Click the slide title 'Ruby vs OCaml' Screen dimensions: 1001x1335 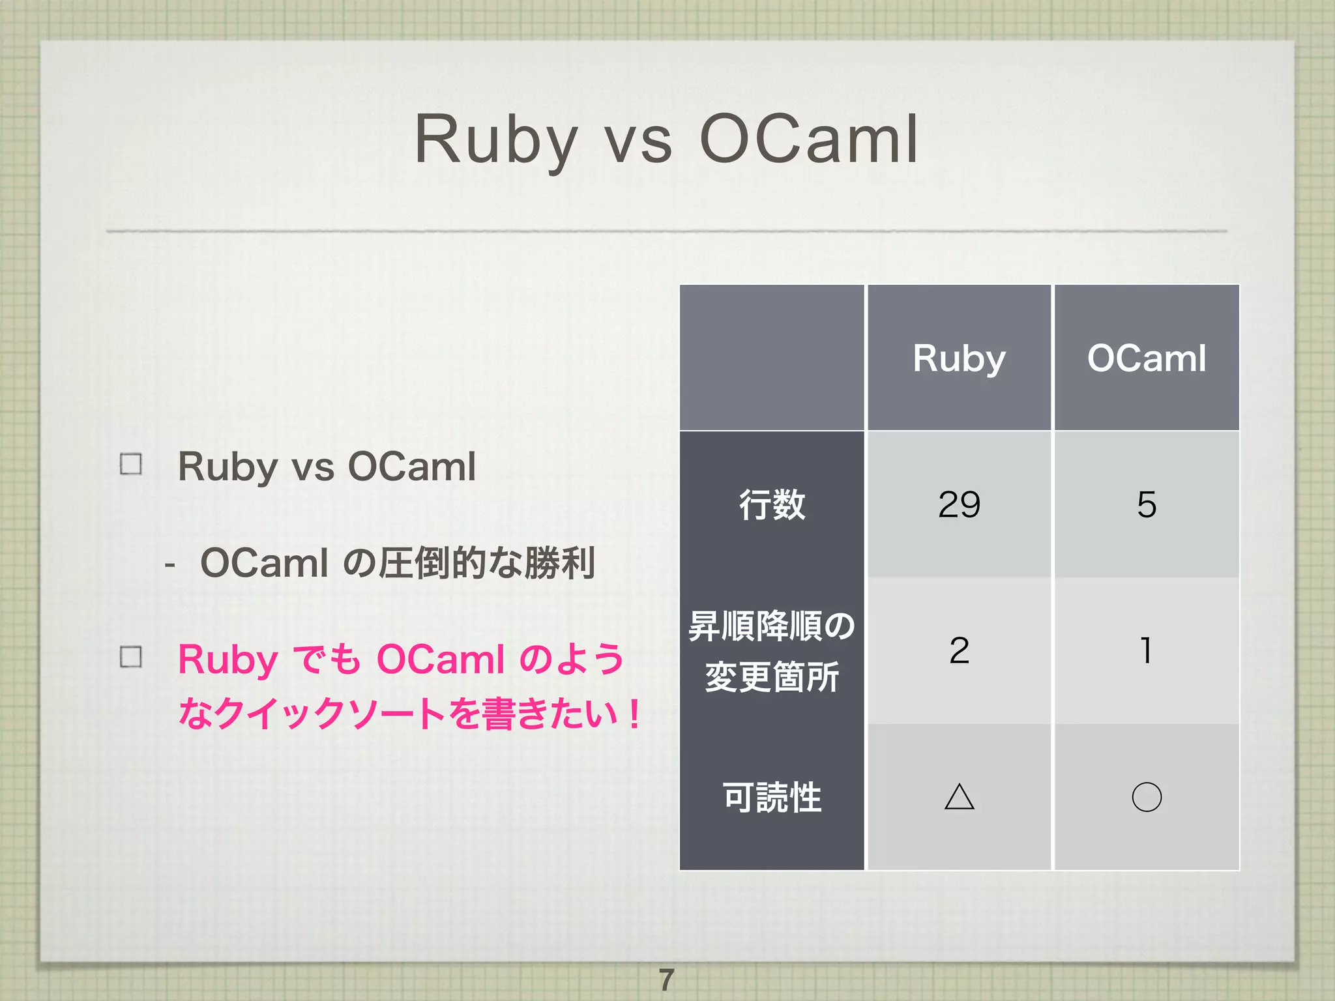click(666, 140)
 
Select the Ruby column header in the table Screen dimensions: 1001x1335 click(959, 358)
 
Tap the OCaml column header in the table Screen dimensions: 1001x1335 click(1147, 358)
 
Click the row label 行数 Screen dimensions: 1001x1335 click(772, 505)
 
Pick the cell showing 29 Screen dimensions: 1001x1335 click(959, 505)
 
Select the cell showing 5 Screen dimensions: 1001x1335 click(1147, 505)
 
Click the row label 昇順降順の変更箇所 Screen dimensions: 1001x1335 click(772, 651)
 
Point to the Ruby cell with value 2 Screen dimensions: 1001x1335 click(959, 651)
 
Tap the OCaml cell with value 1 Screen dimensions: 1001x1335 click(1147, 651)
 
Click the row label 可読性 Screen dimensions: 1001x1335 click(772, 797)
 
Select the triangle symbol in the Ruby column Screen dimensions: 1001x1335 click(959, 797)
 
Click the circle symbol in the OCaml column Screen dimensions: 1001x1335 click(1147, 797)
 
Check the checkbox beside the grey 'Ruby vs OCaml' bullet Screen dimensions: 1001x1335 click(131, 465)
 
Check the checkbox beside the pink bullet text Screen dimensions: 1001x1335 click(131, 657)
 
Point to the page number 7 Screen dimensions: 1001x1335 click(666, 979)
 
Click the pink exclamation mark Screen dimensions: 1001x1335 click(634, 714)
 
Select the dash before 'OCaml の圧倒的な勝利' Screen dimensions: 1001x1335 click(170, 564)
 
